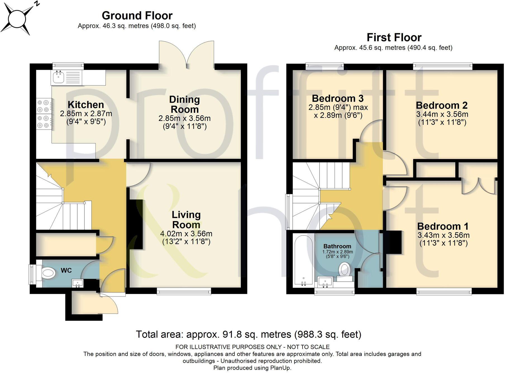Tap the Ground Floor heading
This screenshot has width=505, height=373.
pos(137,16)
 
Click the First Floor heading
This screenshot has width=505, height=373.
pos(394,37)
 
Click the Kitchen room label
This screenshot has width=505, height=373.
pos(86,105)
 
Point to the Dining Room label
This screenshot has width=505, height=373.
pos(185,104)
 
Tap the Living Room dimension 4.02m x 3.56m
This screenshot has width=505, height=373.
pos(186,234)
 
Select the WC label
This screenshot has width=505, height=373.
pos(66,270)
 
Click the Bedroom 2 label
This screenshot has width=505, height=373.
pos(441,105)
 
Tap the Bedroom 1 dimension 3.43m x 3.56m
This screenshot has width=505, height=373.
pos(443,235)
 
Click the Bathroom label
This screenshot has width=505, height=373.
pos(337,246)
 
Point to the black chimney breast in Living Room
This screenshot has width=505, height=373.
pos(136,224)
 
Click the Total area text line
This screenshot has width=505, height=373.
pos(248,334)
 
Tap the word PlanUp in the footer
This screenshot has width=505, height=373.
pos(280,368)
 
